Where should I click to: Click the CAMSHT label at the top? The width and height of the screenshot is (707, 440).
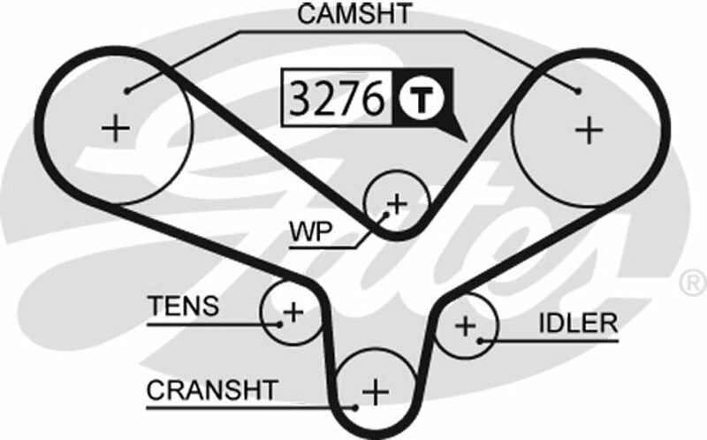354,15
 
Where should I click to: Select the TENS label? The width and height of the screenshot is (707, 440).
183,306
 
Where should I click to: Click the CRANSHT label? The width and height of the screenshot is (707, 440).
212,389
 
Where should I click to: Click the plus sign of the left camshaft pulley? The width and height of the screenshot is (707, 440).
115,129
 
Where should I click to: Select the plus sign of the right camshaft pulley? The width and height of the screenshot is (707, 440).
589,130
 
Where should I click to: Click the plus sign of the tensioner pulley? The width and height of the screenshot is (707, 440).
293,312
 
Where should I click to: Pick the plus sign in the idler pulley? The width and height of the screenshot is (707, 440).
466,327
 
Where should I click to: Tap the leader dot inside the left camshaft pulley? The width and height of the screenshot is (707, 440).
127,90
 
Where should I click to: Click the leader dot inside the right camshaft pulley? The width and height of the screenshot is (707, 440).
578,90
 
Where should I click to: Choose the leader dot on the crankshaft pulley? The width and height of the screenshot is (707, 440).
354,407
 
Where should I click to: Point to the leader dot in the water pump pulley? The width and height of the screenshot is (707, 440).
384,215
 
